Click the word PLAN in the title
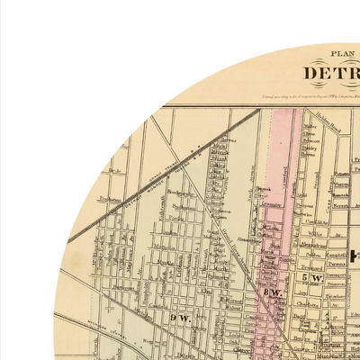point(343,53)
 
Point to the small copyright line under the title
point(306,93)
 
